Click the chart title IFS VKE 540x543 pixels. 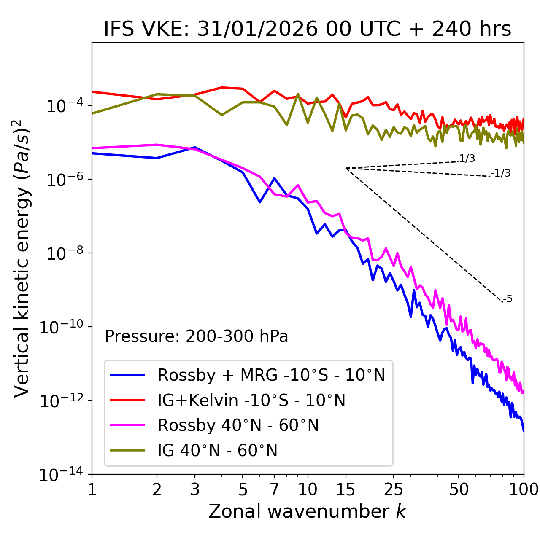coord(308,30)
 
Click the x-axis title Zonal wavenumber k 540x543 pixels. coord(308,511)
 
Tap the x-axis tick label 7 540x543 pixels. coord(274,489)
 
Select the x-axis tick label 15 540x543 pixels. coord(346,489)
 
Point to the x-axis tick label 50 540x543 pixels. coord(459,489)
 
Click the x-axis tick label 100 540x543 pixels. coord(524,489)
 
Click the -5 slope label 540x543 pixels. coord(508,299)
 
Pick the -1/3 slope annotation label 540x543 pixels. coord(501,173)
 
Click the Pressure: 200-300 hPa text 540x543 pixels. coord(197,336)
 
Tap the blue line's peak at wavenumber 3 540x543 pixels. coord(194,148)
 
